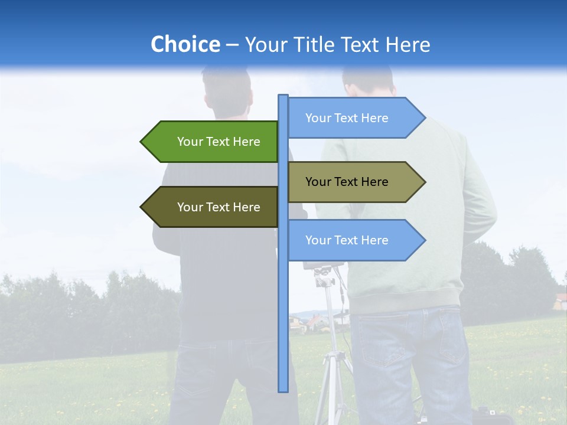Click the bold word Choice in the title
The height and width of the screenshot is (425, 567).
click(x=185, y=44)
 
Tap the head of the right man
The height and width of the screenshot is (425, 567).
click(x=367, y=83)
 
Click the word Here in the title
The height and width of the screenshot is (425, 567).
click(x=408, y=44)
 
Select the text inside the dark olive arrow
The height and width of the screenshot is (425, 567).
click(x=219, y=207)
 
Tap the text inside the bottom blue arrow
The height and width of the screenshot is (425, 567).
click(x=347, y=240)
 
